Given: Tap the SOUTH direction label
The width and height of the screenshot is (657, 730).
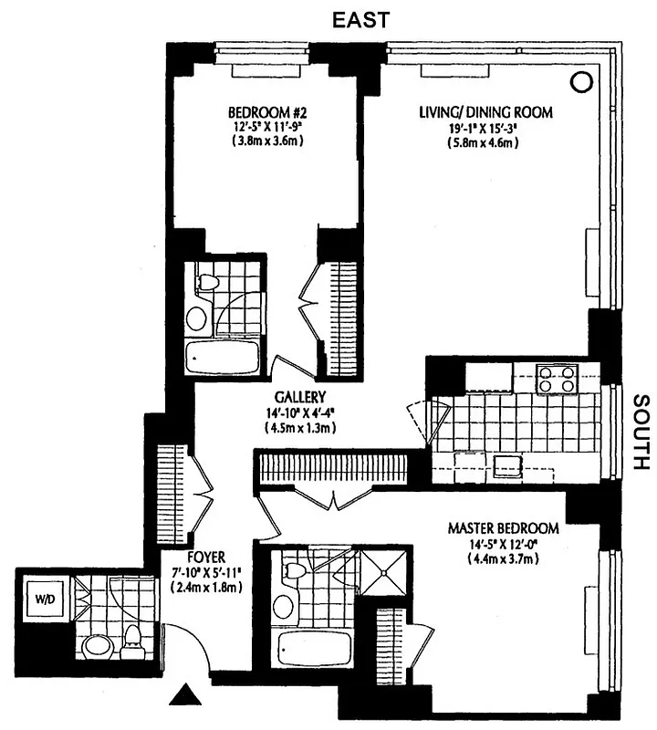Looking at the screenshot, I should coord(640,431).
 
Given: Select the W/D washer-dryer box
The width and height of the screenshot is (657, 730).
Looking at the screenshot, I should coord(45,599).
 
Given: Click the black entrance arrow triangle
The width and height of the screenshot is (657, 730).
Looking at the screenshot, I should coord(186,698).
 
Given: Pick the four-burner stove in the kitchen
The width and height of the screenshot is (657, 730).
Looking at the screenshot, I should coord(556,378).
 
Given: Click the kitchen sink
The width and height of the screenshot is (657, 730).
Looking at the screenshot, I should coord(507,467).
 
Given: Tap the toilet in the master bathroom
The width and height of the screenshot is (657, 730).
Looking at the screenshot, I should coord(293,572).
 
